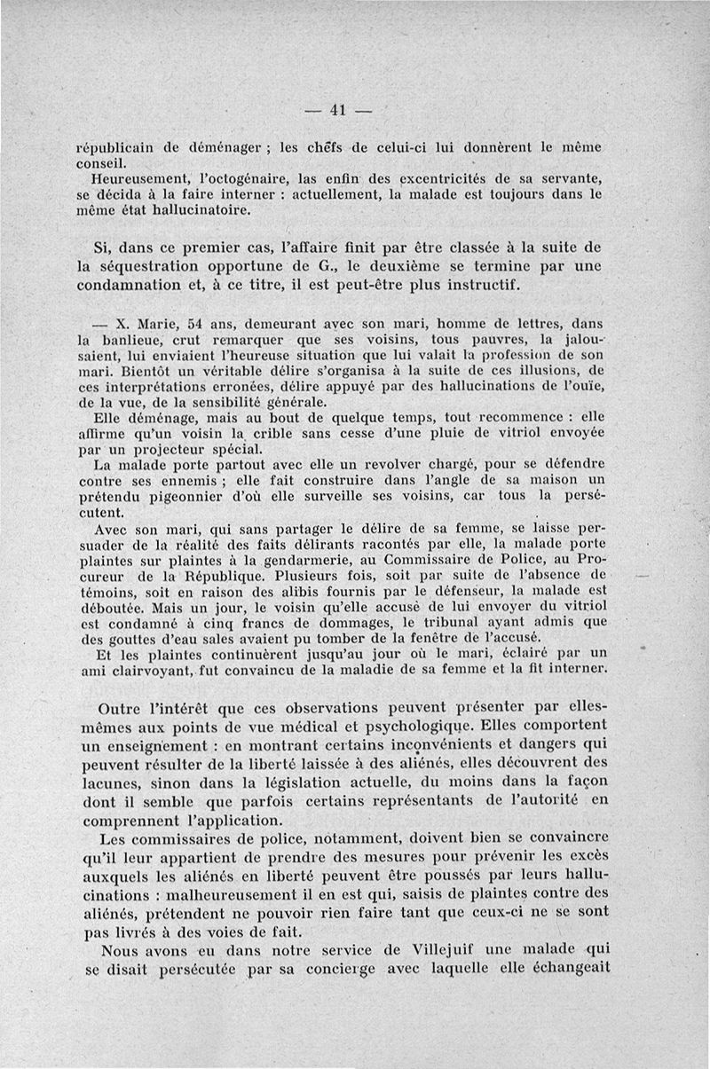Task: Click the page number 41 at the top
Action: (336, 110)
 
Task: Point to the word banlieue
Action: (130, 339)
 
